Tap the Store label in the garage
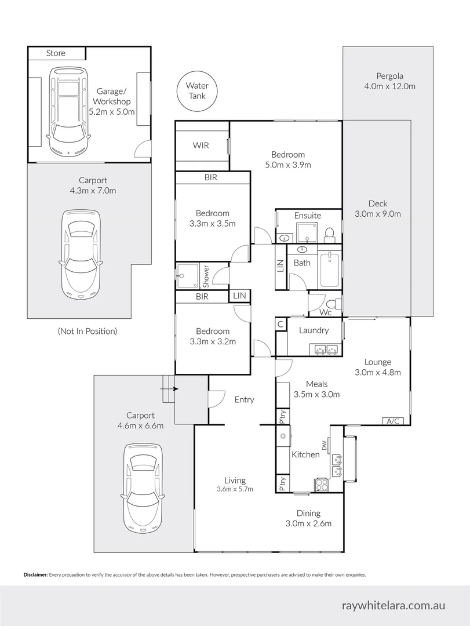pyautogui.click(x=56, y=53)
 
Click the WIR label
pyautogui.click(x=201, y=145)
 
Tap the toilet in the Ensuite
pyautogui.click(x=329, y=233)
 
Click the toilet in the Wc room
pyautogui.click(x=333, y=305)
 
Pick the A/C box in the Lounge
pyautogui.click(x=392, y=421)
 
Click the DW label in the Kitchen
pyautogui.click(x=325, y=445)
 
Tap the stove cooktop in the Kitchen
pyautogui.click(x=322, y=485)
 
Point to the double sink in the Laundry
pyautogui.click(x=325, y=349)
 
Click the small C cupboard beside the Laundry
pyautogui.click(x=280, y=324)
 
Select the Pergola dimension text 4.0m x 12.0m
pyautogui.click(x=389, y=86)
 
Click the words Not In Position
pyautogui.click(x=87, y=331)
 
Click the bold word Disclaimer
pyautogui.click(x=35, y=575)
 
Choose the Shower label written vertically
pyautogui.click(x=206, y=276)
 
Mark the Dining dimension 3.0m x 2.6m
pyautogui.click(x=308, y=523)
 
